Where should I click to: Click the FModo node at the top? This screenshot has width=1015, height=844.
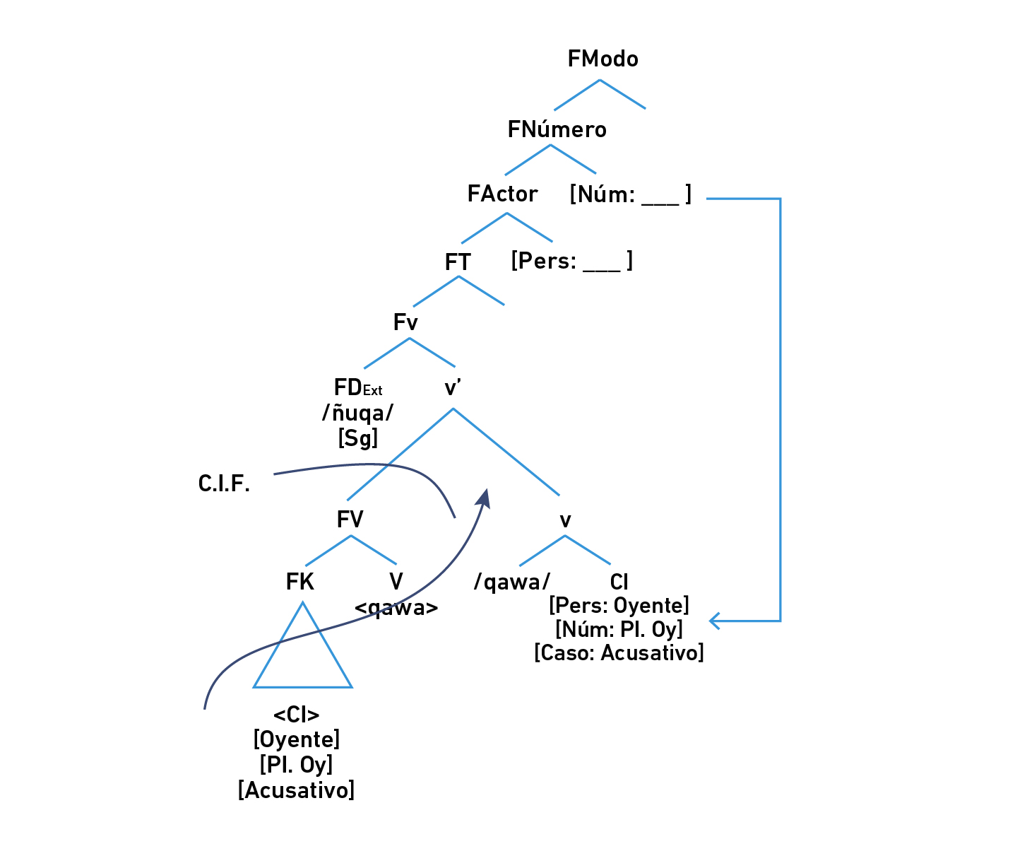[x=603, y=59]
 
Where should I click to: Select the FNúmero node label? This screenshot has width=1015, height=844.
[x=557, y=129]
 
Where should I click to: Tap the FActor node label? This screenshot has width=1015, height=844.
[x=502, y=194]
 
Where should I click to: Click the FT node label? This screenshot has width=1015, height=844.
[x=458, y=262]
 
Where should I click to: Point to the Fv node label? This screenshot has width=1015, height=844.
[x=405, y=322]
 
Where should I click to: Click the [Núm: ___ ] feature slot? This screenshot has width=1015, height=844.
[x=630, y=194]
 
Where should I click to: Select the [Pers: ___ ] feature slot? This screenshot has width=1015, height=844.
[x=571, y=261]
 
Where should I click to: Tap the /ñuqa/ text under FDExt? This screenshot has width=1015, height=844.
[x=358, y=413]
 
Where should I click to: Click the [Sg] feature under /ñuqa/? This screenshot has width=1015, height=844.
[x=358, y=438]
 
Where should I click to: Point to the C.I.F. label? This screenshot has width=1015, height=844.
[x=224, y=484]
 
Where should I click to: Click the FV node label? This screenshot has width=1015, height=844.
[x=350, y=520]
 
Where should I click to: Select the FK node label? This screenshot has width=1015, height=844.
[x=299, y=582]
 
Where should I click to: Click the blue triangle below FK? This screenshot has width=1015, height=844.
[x=303, y=657]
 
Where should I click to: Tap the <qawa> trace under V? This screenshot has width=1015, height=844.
[x=396, y=608]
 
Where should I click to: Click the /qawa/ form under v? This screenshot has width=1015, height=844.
[x=512, y=582]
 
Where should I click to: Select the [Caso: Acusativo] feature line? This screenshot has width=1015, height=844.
[x=619, y=652]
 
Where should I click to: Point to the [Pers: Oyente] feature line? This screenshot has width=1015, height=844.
[x=619, y=606]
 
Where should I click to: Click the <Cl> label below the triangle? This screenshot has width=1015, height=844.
[x=297, y=715]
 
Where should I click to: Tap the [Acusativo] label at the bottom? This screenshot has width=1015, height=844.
[x=297, y=790]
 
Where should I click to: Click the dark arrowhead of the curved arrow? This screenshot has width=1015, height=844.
[x=484, y=498]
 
